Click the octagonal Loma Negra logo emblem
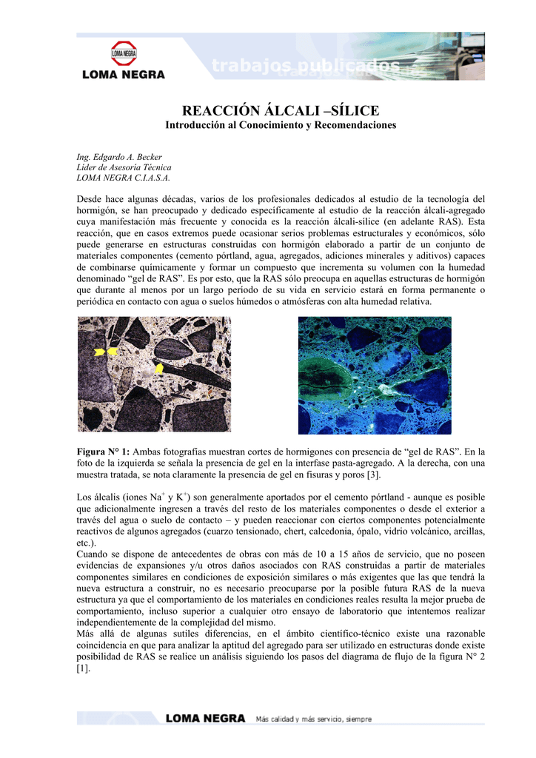tap(124, 53)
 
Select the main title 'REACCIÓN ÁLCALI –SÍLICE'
tap(281, 110)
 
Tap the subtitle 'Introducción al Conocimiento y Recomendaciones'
tap(281, 125)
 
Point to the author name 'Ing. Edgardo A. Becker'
tap(119, 157)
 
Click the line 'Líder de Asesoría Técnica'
tap(124, 167)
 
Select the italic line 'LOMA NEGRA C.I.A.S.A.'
tap(124, 178)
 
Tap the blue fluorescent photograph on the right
tap(374, 375)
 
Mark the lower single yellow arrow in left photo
tap(158, 368)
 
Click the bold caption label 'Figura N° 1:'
tap(104, 452)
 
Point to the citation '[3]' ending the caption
tap(375, 474)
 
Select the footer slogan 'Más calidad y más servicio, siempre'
tap(314, 718)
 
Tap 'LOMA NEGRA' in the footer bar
tap(205, 718)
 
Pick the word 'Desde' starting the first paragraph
tap(91, 199)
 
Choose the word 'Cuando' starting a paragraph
tap(94, 554)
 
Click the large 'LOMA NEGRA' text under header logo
tap(124, 74)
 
